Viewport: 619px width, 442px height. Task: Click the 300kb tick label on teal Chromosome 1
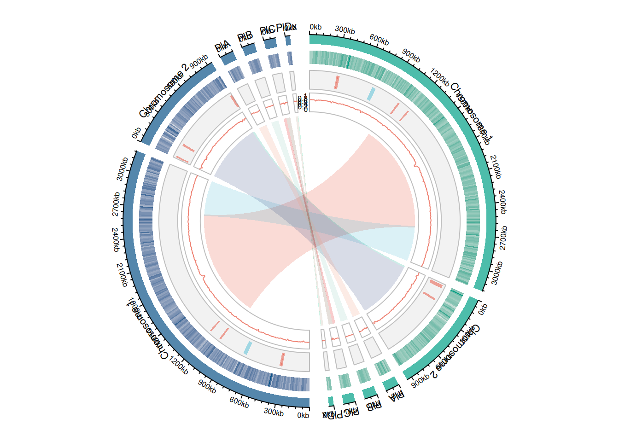coord(345,30)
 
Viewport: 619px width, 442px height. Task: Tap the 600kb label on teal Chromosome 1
coord(379,40)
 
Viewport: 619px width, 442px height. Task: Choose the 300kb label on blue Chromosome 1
coord(274,411)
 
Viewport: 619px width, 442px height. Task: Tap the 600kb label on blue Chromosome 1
coord(239,402)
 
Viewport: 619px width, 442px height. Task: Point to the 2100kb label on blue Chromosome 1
coord(122,275)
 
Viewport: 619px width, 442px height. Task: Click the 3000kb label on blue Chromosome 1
coord(122,169)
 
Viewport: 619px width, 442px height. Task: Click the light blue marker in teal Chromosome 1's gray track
coord(371,94)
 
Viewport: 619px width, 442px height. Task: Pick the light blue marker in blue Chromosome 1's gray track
coord(248,348)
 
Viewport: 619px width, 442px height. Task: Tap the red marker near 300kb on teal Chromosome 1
coord(337,82)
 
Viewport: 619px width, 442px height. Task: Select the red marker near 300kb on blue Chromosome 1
coord(282,360)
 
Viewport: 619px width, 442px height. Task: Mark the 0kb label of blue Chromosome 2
coord(136,133)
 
